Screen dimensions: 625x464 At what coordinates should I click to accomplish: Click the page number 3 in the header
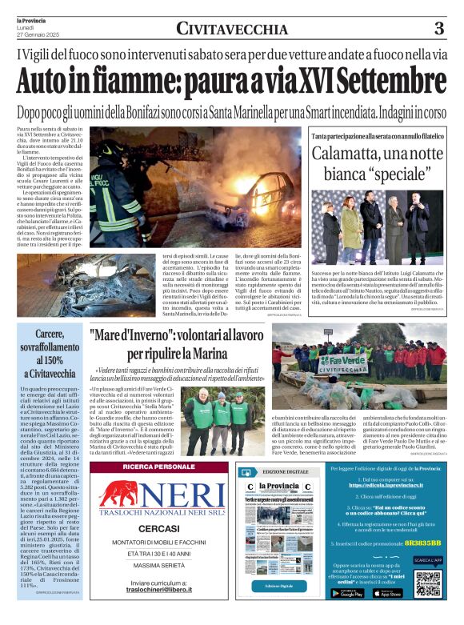pyautogui.click(x=439, y=29)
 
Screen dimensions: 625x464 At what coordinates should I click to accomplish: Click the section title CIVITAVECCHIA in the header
pyautogui.click(x=231, y=30)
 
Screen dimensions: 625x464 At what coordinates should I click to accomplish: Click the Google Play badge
pyautogui.click(x=346, y=593)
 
